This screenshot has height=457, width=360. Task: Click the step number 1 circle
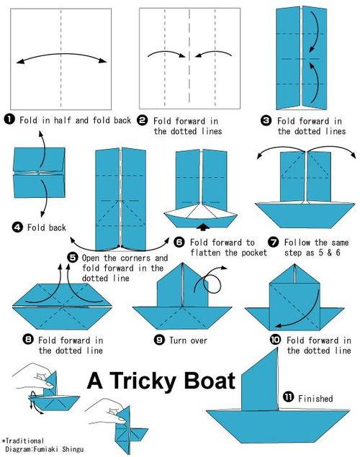(x=9, y=119)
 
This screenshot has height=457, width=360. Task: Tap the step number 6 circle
(x=179, y=242)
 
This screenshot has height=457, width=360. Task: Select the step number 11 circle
(x=289, y=397)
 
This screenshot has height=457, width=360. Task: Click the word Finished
(x=315, y=398)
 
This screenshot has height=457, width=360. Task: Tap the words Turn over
(x=188, y=340)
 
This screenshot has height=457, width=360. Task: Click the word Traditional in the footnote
(x=24, y=440)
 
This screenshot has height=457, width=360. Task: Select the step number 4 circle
(x=17, y=227)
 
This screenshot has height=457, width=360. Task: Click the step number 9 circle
(x=159, y=340)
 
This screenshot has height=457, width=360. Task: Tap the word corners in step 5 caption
(x=136, y=258)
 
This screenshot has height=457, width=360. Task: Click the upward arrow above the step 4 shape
(x=42, y=151)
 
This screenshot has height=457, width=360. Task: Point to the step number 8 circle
(x=28, y=339)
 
